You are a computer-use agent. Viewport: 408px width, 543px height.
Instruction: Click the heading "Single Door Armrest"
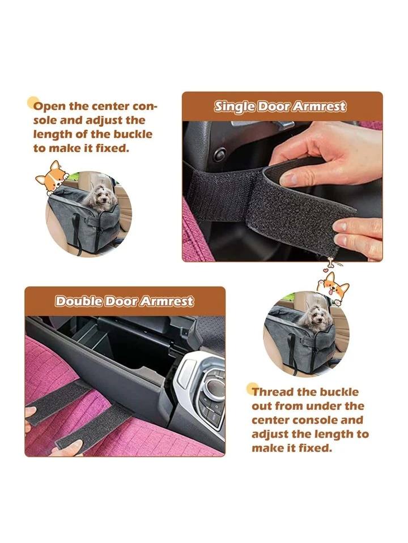(280, 106)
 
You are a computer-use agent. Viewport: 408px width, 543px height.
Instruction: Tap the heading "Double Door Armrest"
(124, 301)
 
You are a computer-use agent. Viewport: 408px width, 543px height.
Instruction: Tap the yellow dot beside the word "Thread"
(253, 388)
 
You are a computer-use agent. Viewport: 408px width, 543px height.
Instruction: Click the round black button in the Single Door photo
(219, 154)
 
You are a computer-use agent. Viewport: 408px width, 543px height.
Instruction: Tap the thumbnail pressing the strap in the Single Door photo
(288, 179)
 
